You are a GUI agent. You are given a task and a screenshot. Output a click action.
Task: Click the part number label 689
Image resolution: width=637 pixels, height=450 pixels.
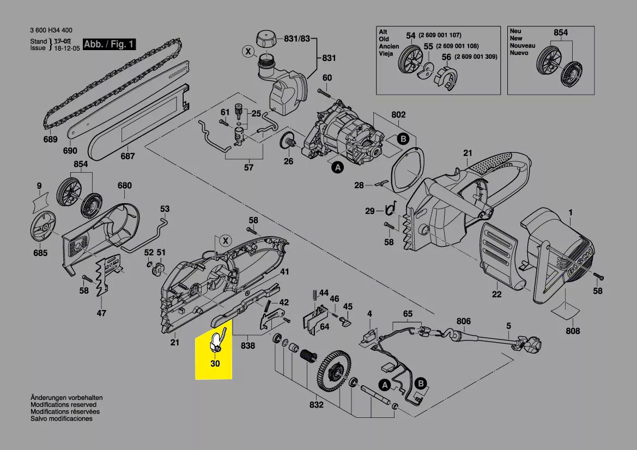(x=50, y=139)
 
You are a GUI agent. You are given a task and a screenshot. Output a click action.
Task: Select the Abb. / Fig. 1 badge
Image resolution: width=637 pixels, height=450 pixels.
(x=109, y=44)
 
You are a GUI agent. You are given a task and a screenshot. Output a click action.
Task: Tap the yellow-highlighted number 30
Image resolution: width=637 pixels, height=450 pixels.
(x=215, y=363)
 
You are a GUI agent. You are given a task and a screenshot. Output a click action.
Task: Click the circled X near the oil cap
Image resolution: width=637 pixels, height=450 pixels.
(x=248, y=52)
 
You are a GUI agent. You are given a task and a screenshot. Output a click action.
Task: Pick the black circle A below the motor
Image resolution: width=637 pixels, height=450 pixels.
(x=337, y=169)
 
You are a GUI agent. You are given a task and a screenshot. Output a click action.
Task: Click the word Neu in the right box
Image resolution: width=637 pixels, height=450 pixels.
(x=515, y=32)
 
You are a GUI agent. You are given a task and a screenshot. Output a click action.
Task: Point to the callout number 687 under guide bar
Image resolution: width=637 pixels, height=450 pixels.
(x=128, y=156)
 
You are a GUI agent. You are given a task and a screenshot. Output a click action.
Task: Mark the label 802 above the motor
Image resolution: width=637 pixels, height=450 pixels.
(x=399, y=115)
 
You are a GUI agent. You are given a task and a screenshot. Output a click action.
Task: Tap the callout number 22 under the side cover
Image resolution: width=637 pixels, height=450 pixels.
(x=496, y=294)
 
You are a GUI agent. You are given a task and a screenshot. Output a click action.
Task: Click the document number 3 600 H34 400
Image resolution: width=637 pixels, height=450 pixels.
(x=52, y=31)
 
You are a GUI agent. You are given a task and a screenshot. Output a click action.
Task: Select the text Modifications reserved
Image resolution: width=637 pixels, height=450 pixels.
(x=63, y=405)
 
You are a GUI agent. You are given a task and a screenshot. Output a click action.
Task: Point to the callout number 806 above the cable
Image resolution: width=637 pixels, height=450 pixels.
(x=463, y=321)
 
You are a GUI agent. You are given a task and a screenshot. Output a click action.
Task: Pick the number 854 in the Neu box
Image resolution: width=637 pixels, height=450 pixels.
(x=561, y=33)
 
